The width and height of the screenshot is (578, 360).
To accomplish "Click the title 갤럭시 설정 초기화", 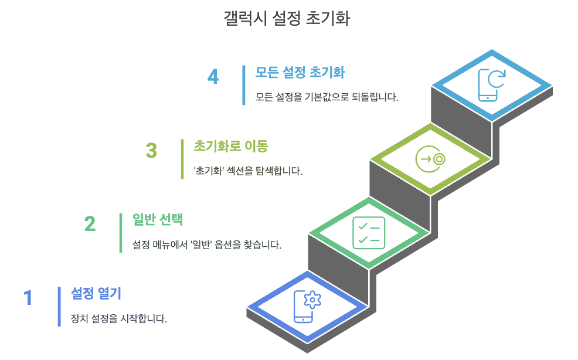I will pos(287,18).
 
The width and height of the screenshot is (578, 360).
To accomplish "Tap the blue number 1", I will pos(28,298).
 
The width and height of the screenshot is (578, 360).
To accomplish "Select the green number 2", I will pos(90,225).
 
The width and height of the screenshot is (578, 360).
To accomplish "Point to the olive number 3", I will pos(151,151).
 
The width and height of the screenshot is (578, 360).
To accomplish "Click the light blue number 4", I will pos(213,77).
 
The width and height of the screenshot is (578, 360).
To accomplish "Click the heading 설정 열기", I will pos(96,293).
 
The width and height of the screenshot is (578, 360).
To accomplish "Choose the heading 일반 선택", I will pos(158,219).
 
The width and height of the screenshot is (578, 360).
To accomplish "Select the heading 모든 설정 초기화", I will pos(300,72).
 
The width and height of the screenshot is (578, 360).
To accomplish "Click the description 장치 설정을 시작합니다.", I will pos(119,319).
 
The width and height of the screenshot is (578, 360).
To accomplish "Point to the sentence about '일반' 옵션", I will pos(207,245).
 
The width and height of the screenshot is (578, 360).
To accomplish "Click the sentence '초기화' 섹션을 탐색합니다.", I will pos(248,172).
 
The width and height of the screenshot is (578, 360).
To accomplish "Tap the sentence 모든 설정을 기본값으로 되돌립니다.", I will pos(327,97).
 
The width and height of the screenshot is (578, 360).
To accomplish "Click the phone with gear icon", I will pos(308,306).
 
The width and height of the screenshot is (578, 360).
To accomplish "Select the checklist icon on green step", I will pos(369,233).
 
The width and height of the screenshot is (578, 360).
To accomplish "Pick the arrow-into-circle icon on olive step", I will pos(430,159).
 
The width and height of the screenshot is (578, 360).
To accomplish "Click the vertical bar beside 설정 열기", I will pos(59,306).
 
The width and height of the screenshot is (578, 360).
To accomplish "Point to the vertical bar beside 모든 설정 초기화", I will pos(244,85).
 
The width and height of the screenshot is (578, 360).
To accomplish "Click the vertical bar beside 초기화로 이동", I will pos(182,159).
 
